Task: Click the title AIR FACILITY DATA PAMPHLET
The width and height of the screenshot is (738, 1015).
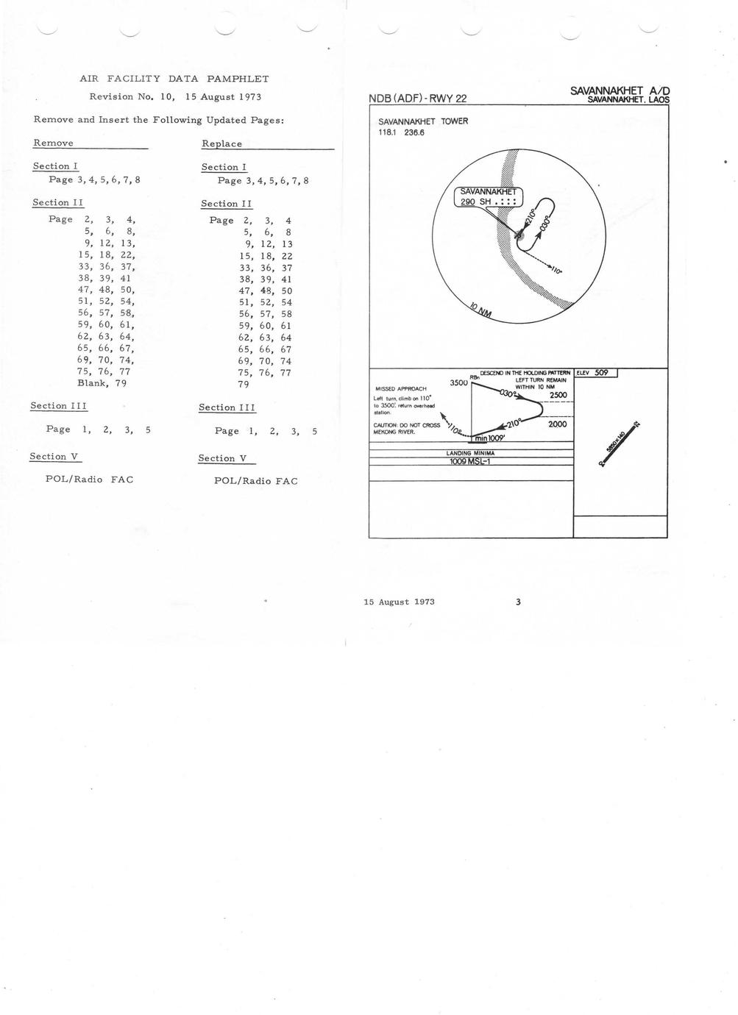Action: point(174,79)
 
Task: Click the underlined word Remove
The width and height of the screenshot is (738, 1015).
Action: point(53,143)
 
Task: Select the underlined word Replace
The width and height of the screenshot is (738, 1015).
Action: point(221,143)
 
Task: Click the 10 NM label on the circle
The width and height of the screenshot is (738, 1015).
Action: point(480,310)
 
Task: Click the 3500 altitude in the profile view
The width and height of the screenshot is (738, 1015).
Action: point(458,382)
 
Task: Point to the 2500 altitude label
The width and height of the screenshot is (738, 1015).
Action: point(558,396)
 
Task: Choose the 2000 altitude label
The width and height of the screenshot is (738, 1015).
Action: point(557,424)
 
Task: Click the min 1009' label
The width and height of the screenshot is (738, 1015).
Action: point(490,438)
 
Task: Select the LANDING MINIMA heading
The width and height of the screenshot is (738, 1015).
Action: point(470,453)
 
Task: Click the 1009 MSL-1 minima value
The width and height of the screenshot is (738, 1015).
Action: point(470,462)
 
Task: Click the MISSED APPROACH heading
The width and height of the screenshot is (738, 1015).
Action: point(401,388)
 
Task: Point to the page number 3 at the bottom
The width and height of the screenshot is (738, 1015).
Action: point(518,602)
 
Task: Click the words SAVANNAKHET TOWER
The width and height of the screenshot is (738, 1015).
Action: point(423,122)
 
